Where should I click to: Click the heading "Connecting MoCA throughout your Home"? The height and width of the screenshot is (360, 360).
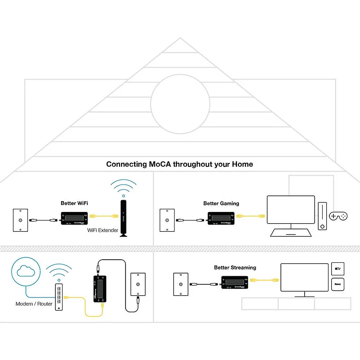[x=180, y=164]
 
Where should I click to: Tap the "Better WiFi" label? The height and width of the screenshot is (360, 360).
[x=74, y=203]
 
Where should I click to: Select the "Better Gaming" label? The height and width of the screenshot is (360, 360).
[x=221, y=203]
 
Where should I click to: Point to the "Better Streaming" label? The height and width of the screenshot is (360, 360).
[x=235, y=267]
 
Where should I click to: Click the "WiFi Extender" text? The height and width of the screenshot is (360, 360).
[x=103, y=230]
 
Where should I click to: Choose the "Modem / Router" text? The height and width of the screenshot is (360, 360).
[x=34, y=304]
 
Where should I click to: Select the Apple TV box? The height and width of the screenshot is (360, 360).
[x=337, y=269]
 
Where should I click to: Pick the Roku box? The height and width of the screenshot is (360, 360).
[x=337, y=285]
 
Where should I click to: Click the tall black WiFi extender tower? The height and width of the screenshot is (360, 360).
[x=123, y=219]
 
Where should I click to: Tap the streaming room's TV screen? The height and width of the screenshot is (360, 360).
[x=305, y=278]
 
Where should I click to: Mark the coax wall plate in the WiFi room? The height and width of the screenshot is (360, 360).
[x=21, y=220]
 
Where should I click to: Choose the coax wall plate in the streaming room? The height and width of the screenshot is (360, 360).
[x=181, y=284]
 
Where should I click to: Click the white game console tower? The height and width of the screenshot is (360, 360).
[x=323, y=216]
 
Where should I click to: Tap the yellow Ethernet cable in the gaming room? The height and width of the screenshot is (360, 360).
[x=252, y=216]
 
